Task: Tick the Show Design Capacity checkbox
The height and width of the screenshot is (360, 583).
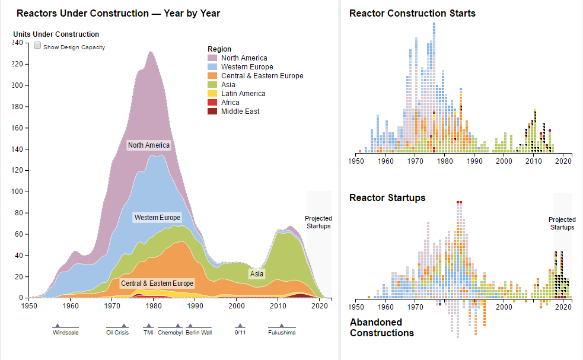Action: coord(37,46)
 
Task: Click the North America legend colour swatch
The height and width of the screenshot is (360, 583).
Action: coord(212,58)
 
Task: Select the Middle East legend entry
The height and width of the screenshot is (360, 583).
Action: coord(240,111)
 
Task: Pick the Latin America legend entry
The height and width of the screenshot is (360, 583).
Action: coord(243,94)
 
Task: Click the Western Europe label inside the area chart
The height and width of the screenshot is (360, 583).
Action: coord(157,218)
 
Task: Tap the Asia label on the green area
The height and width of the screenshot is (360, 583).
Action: coord(257,274)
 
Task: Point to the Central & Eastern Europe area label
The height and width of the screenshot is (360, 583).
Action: coord(157,283)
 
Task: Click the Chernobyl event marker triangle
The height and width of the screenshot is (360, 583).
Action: coord(178,325)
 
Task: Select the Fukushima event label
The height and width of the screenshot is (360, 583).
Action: coord(282,333)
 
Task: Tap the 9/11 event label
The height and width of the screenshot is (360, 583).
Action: coord(240,333)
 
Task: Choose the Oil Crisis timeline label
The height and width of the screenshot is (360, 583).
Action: coord(117,333)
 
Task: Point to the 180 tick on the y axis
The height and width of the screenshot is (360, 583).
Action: coord(17,107)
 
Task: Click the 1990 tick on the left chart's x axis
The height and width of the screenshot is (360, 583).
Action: coord(195,305)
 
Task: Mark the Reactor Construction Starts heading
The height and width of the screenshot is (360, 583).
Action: coord(412,13)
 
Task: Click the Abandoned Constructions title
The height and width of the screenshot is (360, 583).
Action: coord(382,327)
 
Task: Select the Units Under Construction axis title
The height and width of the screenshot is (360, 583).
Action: coord(56,34)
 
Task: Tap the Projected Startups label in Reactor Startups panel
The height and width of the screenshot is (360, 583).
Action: coord(562,224)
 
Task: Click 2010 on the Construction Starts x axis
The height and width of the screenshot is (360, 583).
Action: coord(534,161)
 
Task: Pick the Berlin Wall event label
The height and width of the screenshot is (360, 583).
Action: coord(199,333)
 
